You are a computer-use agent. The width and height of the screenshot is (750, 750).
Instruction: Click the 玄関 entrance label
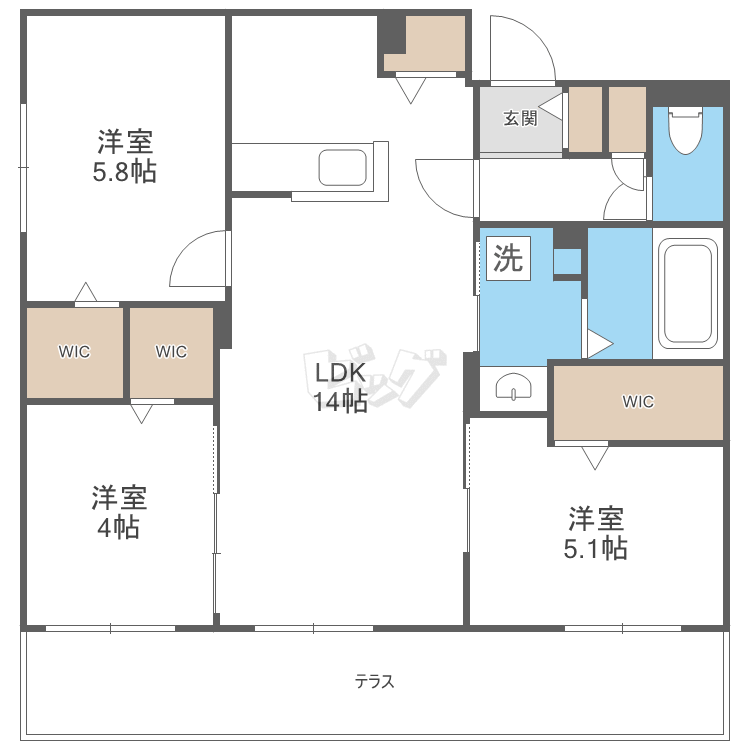tap(520, 118)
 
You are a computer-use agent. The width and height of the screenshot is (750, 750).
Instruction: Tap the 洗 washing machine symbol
tap(508, 258)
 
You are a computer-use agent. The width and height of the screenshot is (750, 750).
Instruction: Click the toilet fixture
tap(685, 130)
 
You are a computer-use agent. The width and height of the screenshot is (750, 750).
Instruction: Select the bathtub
tap(688, 293)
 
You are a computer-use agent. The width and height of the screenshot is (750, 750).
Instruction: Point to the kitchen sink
tap(342, 167)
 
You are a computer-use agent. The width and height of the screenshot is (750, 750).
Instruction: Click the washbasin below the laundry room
tap(513, 386)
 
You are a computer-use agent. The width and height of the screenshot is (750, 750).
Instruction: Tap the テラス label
tap(375, 681)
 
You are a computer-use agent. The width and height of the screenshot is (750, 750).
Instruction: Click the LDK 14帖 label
tap(341, 387)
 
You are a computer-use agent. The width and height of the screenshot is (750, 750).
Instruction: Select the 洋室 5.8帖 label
tap(124, 156)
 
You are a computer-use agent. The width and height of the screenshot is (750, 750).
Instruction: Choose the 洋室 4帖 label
tap(119, 512)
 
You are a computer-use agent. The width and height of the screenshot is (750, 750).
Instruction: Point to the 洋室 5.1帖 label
tap(596, 533)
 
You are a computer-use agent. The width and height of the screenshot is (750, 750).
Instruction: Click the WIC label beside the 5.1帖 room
tap(638, 401)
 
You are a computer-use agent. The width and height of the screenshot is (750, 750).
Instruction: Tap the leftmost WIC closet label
tap(74, 352)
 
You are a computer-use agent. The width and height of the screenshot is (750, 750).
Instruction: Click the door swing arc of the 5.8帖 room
tap(184, 249)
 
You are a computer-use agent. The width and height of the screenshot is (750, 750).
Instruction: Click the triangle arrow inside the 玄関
tap(551, 107)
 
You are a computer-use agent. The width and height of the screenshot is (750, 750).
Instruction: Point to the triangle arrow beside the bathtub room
tap(600, 343)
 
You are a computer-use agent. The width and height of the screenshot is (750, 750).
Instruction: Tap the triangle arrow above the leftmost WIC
tap(86, 291)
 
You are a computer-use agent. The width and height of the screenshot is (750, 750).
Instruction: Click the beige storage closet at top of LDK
tap(425, 44)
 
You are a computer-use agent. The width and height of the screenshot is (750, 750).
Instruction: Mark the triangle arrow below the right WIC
tap(595, 458)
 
